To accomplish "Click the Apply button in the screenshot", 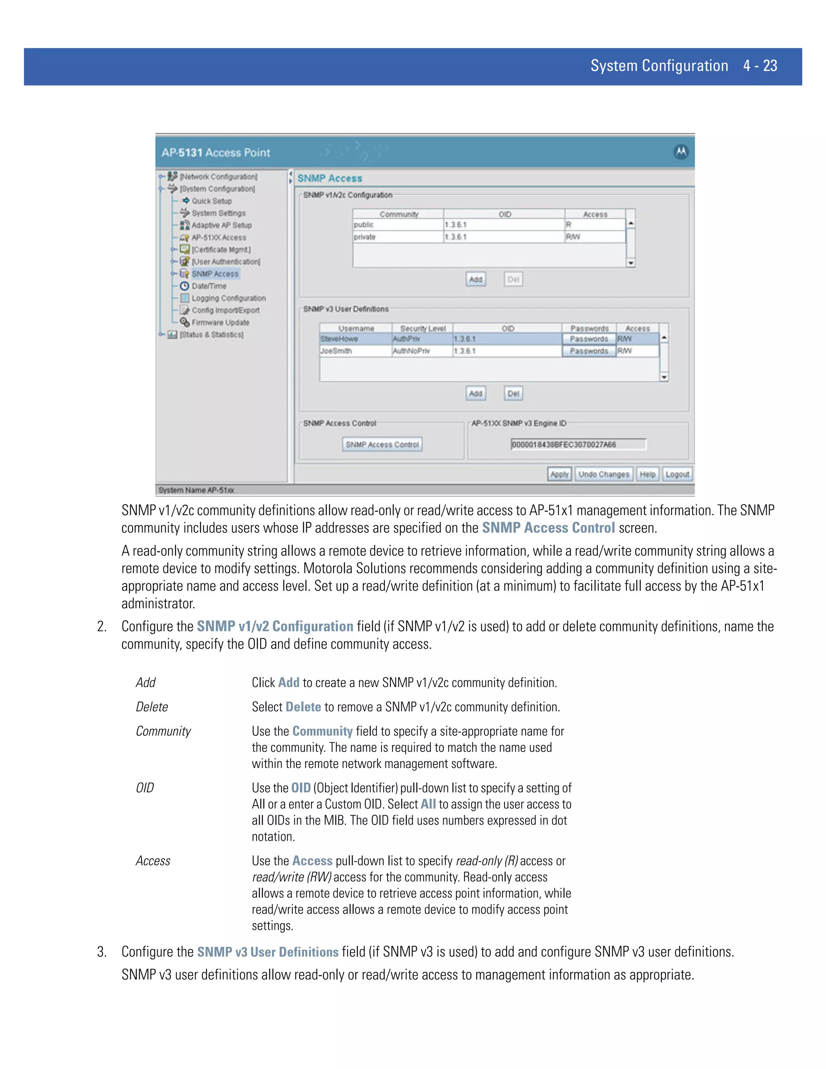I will (x=559, y=474).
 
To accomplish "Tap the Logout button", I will (x=677, y=474).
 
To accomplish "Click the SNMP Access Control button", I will (x=382, y=445).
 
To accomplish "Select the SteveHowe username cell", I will (x=355, y=339).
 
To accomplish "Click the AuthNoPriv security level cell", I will (x=422, y=351).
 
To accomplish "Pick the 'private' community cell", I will (x=397, y=237).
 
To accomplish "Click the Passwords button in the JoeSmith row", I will (x=589, y=351).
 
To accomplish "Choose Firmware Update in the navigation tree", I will (x=220, y=323).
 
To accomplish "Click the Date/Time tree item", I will (x=209, y=286).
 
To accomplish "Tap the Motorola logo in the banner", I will (x=681, y=152).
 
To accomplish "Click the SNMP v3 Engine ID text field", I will (x=578, y=445).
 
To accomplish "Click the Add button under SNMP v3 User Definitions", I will (x=476, y=394).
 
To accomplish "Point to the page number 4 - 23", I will (x=760, y=66).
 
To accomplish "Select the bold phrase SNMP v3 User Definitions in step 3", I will (x=268, y=952).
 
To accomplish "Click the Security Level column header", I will (x=422, y=328).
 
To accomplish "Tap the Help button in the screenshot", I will (x=647, y=474).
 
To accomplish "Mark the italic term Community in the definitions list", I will (x=163, y=731).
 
